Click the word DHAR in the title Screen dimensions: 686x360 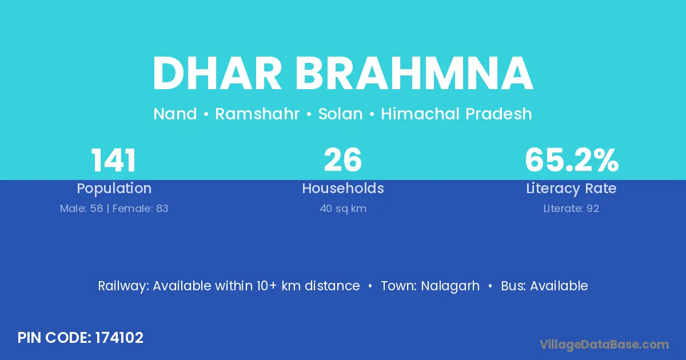217,74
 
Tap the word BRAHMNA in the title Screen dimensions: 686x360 414,74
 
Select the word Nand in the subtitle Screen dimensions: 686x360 175,114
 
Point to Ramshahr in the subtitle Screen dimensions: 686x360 257,114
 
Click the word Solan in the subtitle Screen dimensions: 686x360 340,114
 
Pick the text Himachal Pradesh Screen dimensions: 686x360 456,114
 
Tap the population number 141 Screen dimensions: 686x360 114,161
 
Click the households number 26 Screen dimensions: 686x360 342,160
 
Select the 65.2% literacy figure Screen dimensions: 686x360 572,160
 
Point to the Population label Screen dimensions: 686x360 114,189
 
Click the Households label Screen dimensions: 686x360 343,188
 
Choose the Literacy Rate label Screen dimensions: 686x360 571,189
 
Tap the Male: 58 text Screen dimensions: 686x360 81,209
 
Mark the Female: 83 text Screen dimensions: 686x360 140,209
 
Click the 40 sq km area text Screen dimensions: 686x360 343,209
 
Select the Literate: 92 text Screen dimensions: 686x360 571,209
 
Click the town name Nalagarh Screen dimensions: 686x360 450,286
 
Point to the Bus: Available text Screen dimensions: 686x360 544,286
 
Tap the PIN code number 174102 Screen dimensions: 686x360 119,338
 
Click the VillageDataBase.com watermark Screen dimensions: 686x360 604,345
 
